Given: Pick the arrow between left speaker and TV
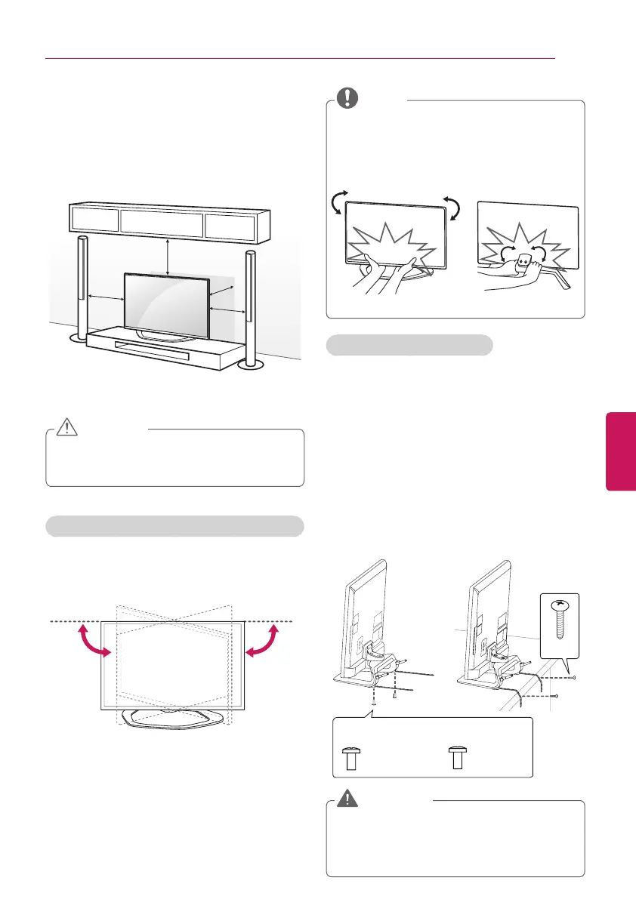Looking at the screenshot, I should click(105, 297).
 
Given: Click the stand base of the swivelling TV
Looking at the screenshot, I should click(173, 719).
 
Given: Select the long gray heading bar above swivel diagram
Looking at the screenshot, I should click(175, 526).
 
